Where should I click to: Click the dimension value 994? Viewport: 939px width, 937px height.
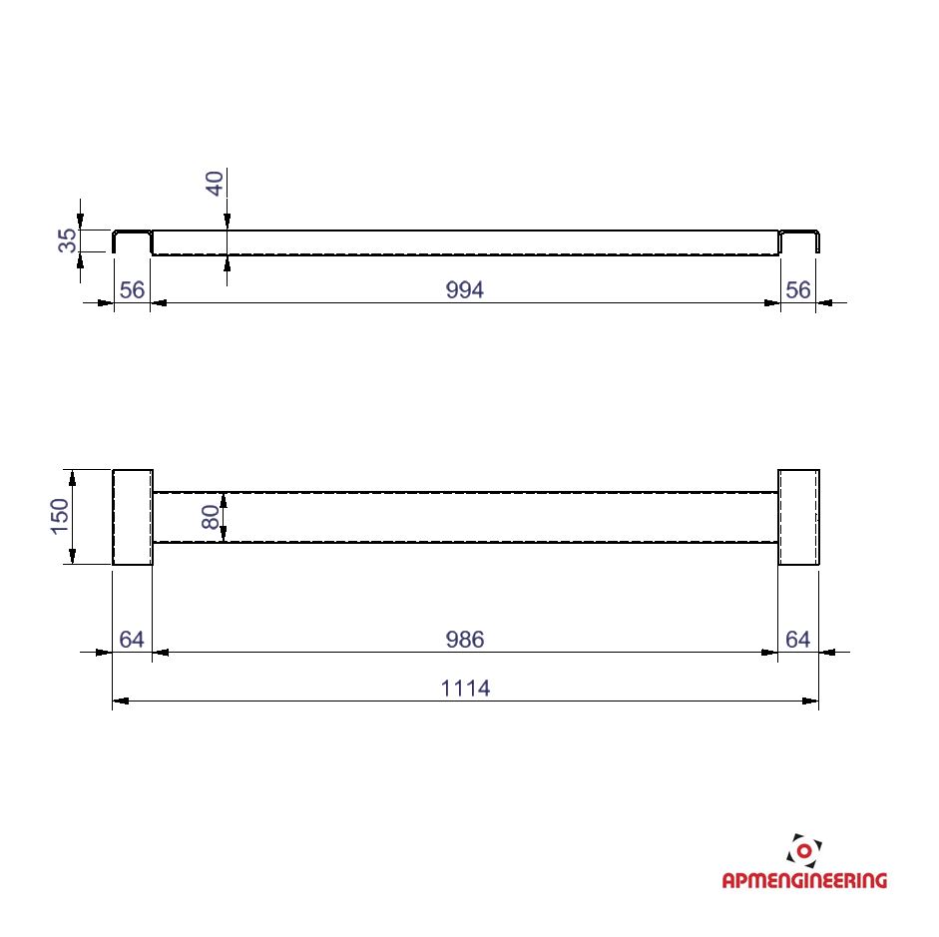(465, 289)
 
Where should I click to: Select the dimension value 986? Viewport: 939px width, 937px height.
(465, 640)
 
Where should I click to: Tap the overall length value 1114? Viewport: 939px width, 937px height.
(465, 689)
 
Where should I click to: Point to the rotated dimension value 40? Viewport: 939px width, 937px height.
(215, 184)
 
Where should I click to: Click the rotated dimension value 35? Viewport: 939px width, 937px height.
(68, 240)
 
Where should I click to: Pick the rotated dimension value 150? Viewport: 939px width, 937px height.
(60, 516)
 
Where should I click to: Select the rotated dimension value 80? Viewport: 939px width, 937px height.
(211, 517)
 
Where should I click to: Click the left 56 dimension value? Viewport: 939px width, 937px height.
(132, 289)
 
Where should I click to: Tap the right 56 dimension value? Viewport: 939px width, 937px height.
(797, 289)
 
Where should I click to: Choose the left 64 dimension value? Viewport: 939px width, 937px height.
(132, 640)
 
